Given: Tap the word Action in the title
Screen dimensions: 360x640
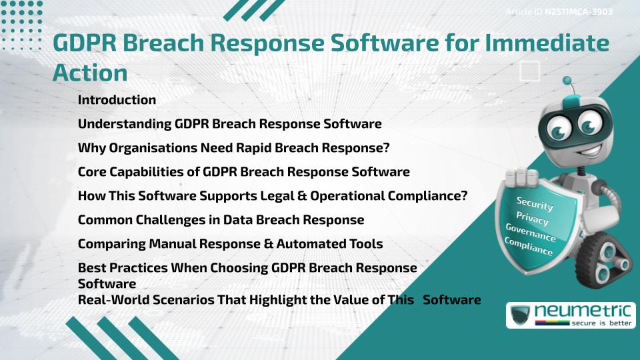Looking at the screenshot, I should [89, 72].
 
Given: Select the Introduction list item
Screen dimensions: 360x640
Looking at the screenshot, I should [117, 100].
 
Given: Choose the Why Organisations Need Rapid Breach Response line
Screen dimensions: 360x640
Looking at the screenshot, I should [233, 147].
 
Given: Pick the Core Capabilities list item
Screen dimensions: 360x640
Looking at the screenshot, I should [243, 171].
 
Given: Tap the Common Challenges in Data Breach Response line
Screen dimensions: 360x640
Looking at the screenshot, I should [221, 219].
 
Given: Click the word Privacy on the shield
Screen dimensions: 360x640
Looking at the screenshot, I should [532, 219].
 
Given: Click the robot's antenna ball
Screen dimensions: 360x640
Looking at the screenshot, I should [567, 81].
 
